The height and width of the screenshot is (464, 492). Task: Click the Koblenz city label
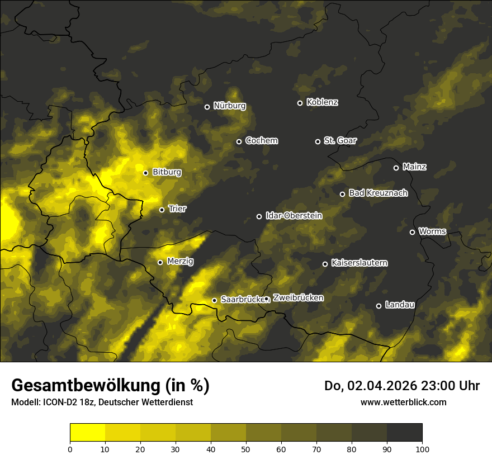(322, 102)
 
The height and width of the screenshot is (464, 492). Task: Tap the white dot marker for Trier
(162, 210)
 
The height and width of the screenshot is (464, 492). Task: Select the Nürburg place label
(229, 106)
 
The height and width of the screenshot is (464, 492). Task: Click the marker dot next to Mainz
(396, 168)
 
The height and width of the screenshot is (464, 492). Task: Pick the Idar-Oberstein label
(294, 215)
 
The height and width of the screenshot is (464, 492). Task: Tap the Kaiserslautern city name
(359, 263)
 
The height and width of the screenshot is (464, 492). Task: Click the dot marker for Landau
(379, 306)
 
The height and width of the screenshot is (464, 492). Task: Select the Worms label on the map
(432, 231)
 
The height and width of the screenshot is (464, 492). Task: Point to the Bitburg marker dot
(145, 173)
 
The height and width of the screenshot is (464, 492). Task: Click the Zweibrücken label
(298, 298)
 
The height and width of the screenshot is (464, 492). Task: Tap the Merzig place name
(180, 261)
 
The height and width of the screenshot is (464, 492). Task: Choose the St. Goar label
(340, 141)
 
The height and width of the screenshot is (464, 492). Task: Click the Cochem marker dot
(239, 141)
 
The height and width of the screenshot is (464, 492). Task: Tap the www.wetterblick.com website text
(403, 402)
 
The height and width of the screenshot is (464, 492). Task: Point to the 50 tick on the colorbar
(246, 448)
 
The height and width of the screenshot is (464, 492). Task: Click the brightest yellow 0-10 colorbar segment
(87, 433)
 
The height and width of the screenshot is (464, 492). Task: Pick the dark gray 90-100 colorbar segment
(404, 433)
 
